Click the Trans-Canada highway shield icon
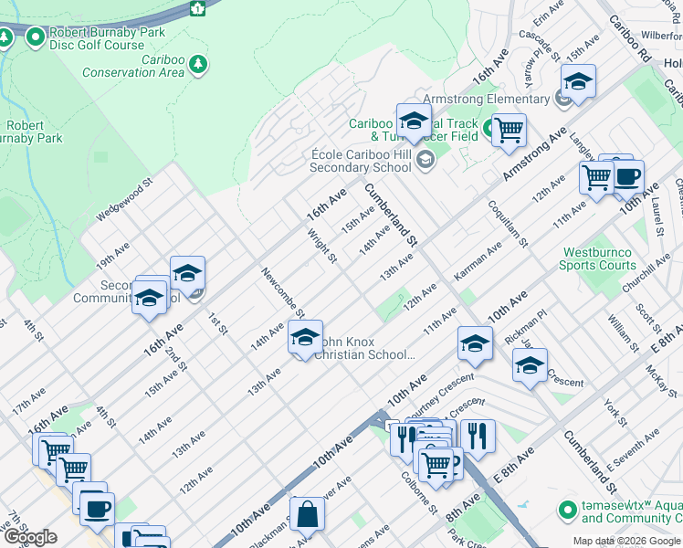(196, 8)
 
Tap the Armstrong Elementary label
(487, 100)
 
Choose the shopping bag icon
(308, 514)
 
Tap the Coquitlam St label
(508, 224)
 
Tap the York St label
(615, 412)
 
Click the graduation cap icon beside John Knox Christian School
(305, 338)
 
